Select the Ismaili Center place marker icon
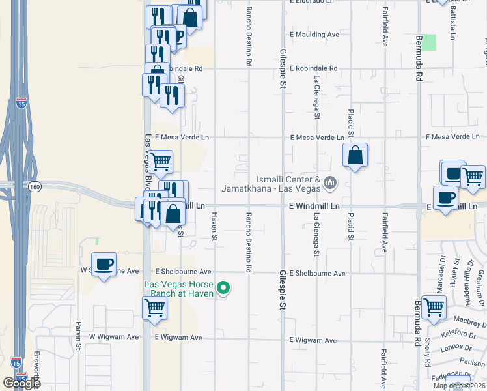(x=330, y=183)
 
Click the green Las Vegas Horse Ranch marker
(x=223, y=287)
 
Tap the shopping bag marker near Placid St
(x=355, y=156)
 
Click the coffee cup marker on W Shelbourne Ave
(x=104, y=265)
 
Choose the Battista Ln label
(x=452, y=24)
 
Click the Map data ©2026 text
(x=458, y=386)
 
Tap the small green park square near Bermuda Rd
(x=428, y=42)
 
